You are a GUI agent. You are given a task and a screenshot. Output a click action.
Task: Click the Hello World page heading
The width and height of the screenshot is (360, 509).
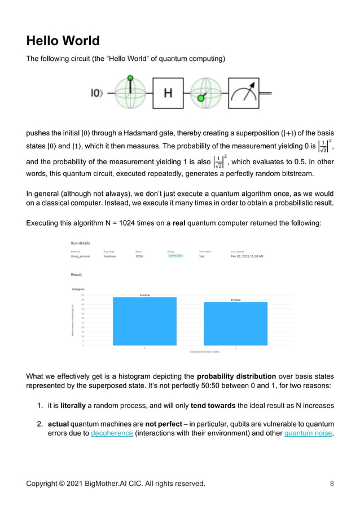63,41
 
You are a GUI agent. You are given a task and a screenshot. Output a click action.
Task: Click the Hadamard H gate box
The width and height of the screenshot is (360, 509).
168,93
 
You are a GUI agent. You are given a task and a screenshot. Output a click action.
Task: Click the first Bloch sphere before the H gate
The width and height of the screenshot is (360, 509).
130,92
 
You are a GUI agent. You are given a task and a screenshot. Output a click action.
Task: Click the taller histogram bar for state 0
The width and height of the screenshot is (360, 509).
144,321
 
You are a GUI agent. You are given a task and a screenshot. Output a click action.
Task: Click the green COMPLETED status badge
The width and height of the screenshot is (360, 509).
175,256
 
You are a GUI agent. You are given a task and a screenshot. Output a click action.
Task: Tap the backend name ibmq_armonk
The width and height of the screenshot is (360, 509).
80,256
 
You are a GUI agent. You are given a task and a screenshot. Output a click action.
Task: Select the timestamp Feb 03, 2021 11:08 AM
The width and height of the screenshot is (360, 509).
247,256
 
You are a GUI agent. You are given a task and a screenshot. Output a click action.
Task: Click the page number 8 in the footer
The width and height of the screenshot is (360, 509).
332,483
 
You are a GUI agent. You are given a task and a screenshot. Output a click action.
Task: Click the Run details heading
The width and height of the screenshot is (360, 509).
80,242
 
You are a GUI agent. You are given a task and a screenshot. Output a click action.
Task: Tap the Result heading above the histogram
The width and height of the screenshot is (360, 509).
76,274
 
